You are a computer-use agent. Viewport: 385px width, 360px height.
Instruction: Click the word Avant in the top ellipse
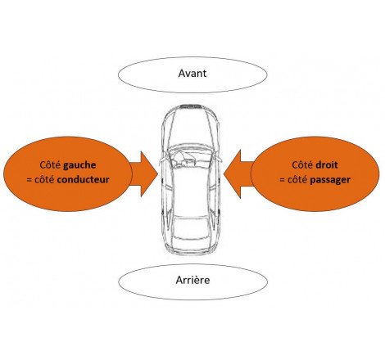[192, 74]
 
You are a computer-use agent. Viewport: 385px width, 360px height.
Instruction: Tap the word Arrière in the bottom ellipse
[192, 281]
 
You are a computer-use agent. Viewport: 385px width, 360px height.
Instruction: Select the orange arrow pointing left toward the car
[242, 173]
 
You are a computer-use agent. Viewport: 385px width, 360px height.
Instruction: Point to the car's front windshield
[192, 146]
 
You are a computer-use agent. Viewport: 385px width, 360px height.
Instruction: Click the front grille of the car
[192, 106]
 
